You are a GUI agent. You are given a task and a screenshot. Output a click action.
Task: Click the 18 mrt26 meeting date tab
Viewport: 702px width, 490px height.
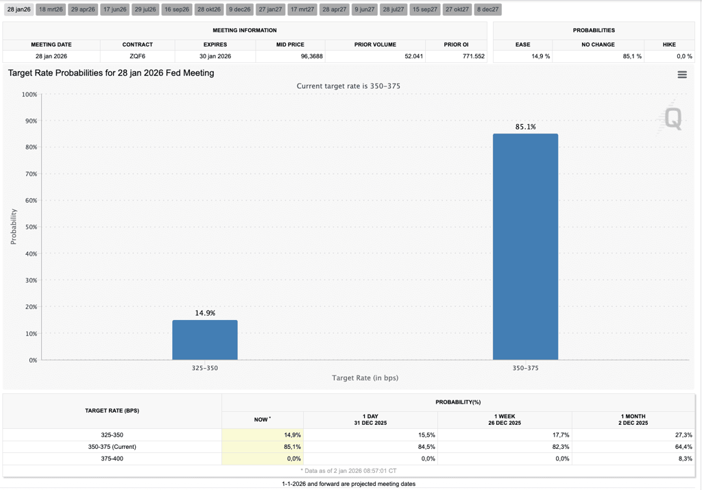point(51,10)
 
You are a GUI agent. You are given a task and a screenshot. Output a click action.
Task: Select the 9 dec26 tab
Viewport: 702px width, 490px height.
point(239,10)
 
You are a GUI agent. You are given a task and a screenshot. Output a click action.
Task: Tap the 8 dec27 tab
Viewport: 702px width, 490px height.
point(487,10)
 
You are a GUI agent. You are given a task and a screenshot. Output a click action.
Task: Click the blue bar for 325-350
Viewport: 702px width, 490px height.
point(205,340)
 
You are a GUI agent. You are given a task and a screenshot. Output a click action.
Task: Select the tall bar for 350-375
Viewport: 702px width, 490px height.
point(526,247)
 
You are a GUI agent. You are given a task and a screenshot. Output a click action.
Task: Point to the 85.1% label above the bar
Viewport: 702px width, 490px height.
point(526,127)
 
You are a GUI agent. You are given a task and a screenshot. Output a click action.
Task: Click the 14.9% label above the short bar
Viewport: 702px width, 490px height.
point(205,313)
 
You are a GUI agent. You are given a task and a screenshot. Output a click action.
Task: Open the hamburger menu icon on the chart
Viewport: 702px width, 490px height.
point(682,75)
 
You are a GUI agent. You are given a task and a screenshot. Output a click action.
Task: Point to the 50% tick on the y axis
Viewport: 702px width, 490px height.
point(31,227)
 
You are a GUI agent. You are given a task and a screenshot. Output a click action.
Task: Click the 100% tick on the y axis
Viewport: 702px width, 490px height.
point(29,95)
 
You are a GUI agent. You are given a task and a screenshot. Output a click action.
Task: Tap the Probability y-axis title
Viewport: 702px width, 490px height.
point(14,226)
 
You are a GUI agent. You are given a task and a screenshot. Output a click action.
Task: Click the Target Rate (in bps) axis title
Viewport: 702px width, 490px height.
point(365,378)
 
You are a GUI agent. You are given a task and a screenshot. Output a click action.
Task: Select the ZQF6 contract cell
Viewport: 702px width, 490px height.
point(137,56)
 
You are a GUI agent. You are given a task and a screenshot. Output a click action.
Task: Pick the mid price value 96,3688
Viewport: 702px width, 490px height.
point(312,56)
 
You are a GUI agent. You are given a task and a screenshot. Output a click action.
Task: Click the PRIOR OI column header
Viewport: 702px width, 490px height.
point(456,45)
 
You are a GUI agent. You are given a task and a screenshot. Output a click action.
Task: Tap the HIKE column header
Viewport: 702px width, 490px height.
point(669,45)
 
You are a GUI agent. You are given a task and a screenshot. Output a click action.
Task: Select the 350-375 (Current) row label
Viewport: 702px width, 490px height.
point(112,447)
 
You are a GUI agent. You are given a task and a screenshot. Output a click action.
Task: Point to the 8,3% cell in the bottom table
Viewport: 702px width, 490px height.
point(685,458)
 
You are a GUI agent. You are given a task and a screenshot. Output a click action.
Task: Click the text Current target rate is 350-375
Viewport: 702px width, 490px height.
point(348,86)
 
